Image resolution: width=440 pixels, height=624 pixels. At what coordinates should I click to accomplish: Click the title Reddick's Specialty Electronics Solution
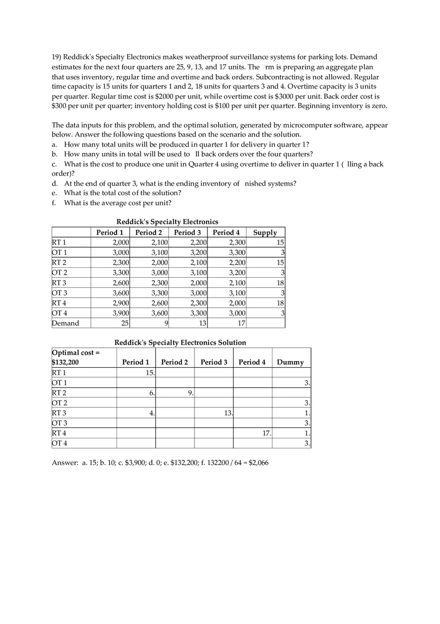coord(180,343)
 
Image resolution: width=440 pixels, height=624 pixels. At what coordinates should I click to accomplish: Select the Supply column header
coord(264,233)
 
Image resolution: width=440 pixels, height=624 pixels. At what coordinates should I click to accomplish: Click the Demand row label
coord(65,323)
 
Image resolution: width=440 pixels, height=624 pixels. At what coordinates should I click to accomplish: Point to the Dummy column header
coord(290,362)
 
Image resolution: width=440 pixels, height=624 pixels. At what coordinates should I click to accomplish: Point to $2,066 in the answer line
coord(258,463)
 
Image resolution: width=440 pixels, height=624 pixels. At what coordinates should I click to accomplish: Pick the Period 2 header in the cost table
coord(148,233)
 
